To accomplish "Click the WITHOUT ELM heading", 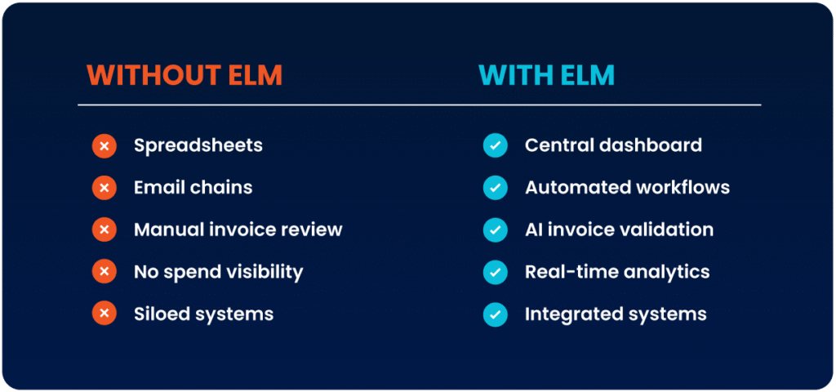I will click(185, 76).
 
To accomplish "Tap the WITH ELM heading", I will click(546, 76).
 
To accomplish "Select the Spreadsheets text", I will click(198, 146).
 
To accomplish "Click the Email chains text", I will click(193, 188).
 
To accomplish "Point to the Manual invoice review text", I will click(238, 229).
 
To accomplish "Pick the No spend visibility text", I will click(218, 272).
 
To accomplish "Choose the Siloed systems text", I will click(203, 314).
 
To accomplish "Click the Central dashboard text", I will click(613, 146).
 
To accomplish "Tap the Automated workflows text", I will click(627, 188).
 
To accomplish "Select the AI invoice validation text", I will click(619, 229).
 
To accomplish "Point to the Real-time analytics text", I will click(617, 272).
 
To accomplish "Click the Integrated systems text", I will click(616, 314).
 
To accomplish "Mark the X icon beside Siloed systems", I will click(104, 314).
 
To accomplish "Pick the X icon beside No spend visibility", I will click(104, 272).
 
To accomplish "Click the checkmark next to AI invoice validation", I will click(495, 230).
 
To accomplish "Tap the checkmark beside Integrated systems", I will click(495, 314).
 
